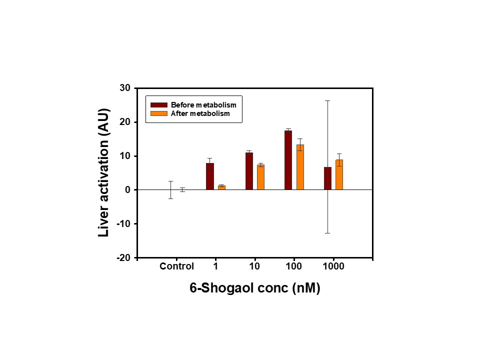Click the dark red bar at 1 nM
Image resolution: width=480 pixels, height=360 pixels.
(x=210, y=176)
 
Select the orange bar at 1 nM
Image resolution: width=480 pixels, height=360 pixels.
(x=221, y=187)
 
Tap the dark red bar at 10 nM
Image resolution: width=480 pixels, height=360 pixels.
(x=249, y=171)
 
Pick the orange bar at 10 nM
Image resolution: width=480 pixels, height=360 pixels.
(x=260, y=177)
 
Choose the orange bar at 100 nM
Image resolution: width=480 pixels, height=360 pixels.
(x=300, y=167)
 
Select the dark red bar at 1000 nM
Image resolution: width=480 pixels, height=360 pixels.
(x=327, y=178)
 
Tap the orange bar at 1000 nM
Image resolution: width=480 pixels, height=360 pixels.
(x=339, y=174)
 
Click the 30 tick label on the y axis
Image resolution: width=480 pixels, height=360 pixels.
(x=124, y=88)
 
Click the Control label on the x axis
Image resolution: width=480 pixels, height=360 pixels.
(x=176, y=266)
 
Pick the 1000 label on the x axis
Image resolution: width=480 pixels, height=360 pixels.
(x=333, y=266)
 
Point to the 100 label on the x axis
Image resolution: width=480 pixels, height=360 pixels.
(x=294, y=266)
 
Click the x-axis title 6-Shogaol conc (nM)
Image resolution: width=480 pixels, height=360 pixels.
(x=254, y=288)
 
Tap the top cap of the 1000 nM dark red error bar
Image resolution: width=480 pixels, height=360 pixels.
(x=327, y=100)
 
